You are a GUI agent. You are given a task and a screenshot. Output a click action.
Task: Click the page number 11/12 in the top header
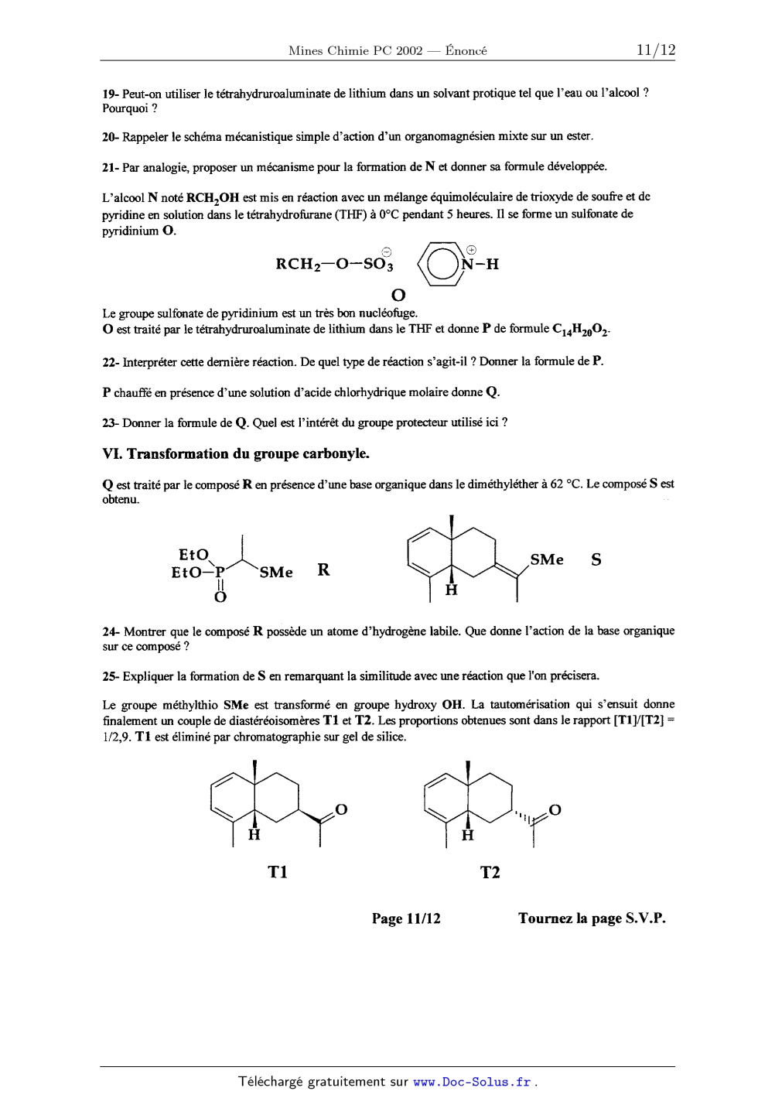[x=655, y=50]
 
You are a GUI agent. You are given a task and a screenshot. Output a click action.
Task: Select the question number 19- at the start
[x=111, y=93]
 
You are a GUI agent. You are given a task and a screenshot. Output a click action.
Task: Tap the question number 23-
[x=111, y=422]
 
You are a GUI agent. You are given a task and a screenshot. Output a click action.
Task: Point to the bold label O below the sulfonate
[x=398, y=295]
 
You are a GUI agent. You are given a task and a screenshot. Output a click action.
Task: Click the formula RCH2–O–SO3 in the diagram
[x=335, y=265]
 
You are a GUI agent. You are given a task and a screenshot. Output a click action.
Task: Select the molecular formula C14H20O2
[x=581, y=330]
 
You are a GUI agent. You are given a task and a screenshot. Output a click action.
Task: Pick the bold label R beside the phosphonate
[x=323, y=570]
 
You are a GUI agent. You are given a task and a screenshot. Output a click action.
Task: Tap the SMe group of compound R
[x=276, y=573]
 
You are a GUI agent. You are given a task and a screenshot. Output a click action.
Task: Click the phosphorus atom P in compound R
[x=220, y=573]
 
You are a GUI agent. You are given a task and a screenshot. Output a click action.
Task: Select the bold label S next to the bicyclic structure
[x=596, y=559]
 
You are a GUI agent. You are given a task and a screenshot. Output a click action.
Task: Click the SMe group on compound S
[x=547, y=559]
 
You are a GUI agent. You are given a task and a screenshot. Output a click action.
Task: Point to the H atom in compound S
[x=452, y=590]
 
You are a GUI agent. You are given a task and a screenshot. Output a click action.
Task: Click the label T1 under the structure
[x=278, y=872]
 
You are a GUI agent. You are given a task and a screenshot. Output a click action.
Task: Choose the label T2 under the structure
[x=490, y=872]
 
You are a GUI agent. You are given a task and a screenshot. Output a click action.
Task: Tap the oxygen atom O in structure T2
[x=554, y=810]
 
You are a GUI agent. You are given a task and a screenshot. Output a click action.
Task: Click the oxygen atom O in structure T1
[x=341, y=810]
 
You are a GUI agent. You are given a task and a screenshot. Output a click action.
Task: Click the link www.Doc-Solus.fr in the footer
[x=473, y=1082]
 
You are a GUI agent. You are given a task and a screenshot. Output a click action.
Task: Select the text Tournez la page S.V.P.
[x=592, y=918]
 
